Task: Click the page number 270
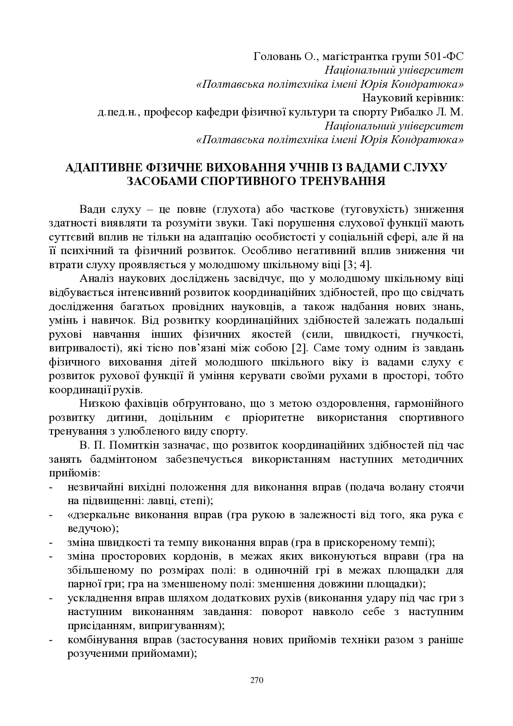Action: tap(256, 680)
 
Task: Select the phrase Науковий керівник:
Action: tap(412, 98)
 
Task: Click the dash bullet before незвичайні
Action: tap(51, 487)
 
